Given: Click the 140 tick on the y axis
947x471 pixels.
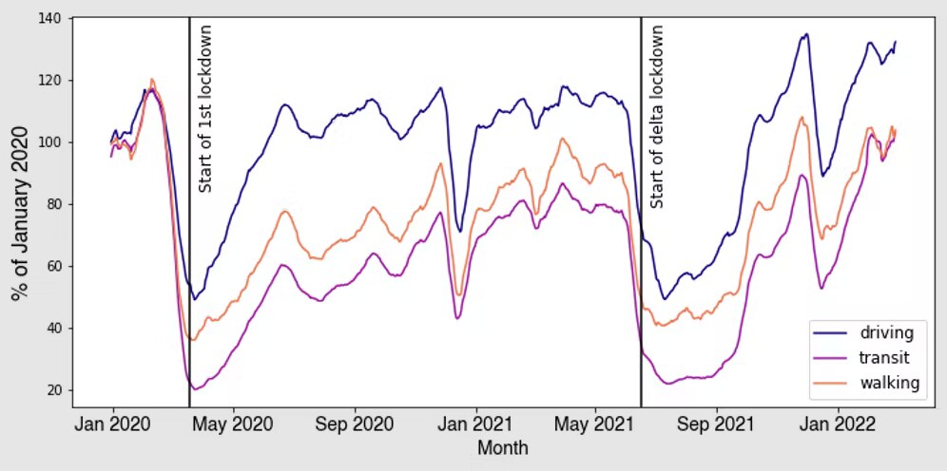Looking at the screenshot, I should tap(54, 18).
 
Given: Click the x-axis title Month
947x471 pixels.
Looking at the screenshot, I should tap(503, 447).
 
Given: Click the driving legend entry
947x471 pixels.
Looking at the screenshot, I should tap(886, 332).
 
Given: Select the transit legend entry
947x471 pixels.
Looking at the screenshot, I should tap(885, 358).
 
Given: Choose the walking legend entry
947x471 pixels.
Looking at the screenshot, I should tap(889, 383).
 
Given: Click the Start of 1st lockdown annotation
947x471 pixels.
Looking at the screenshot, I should tap(204, 108).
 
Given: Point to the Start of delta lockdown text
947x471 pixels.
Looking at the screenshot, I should tap(656, 116).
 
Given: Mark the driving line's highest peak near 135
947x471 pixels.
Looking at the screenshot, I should tap(805, 34).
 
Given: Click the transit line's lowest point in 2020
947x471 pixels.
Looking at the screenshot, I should tap(195, 389).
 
